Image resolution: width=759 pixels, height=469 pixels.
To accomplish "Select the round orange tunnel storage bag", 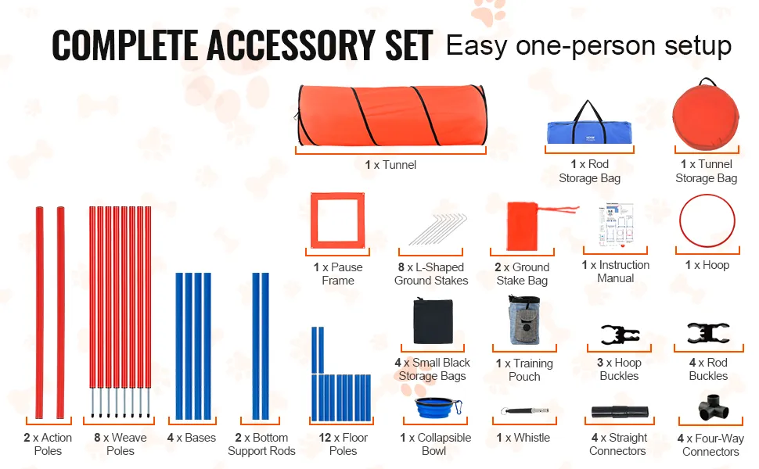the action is [706, 116].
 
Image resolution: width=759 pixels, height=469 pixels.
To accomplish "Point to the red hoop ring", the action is [707, 196].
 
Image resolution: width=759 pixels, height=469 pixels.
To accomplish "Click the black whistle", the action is [525, 411].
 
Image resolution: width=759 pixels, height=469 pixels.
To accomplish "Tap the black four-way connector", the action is [713, 407].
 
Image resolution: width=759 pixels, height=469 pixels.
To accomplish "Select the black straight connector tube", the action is [620, 411].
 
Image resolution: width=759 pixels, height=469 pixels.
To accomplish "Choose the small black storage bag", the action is [433, 321].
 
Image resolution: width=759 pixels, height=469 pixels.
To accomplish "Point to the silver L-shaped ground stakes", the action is [437, 229].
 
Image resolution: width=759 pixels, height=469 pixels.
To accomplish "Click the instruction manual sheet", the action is [616, 225].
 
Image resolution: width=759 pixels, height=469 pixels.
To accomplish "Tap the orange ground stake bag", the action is [523, 226].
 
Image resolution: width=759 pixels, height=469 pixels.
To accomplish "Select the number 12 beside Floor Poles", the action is [325, 438].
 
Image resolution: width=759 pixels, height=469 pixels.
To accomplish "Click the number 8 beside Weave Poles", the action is [97, 438].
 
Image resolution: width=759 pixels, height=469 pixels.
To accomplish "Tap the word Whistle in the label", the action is [531, 438].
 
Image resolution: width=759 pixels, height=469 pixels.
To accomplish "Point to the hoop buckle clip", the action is [620, 335].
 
